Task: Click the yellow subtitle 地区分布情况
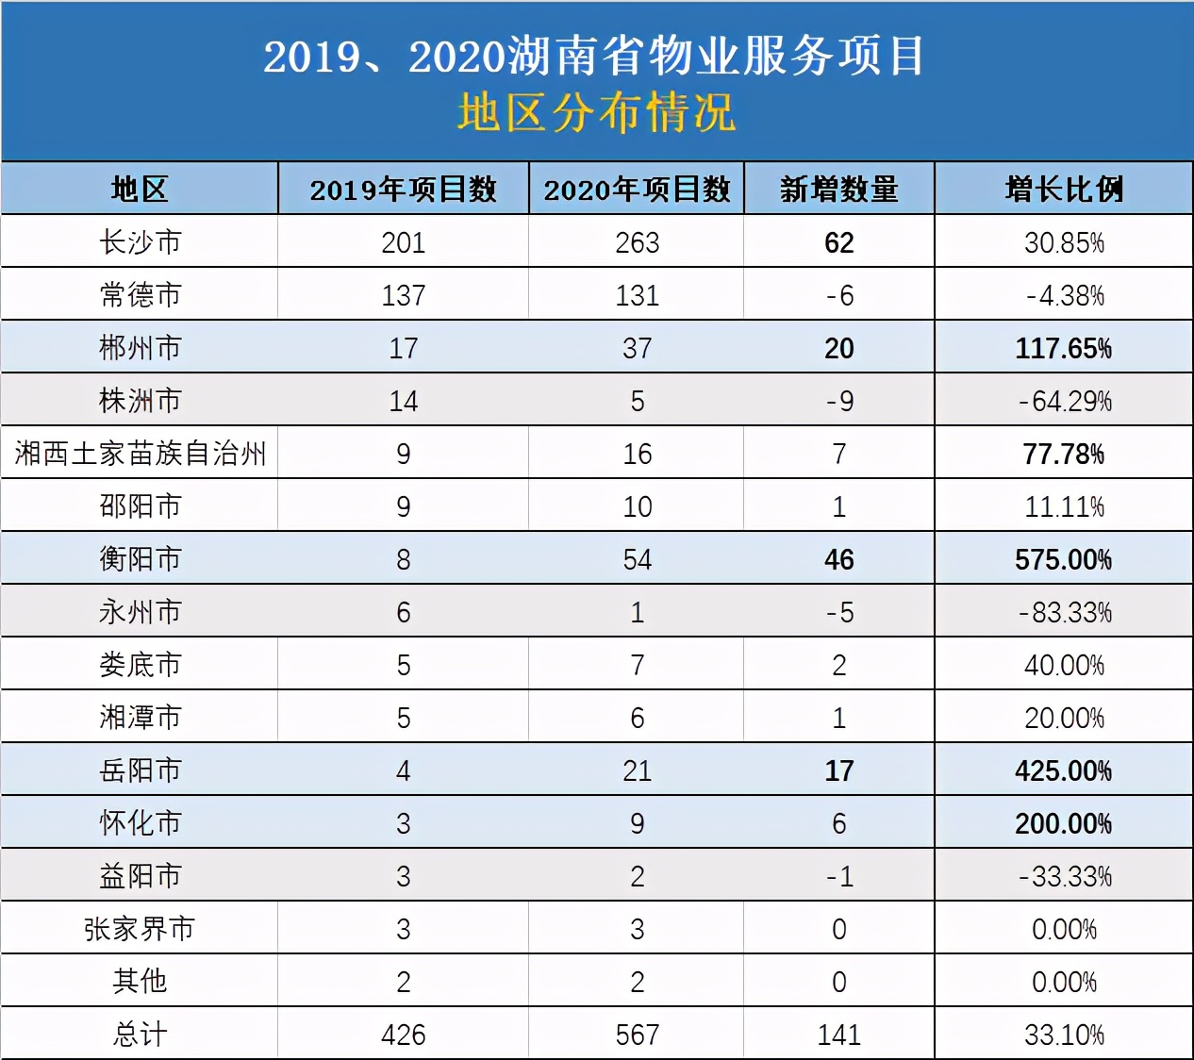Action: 596,113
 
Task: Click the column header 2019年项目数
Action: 403,190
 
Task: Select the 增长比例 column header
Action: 1064,190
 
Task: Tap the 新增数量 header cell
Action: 838,190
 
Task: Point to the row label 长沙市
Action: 140,242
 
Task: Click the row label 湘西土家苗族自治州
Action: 140,454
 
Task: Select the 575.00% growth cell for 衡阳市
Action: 1063,559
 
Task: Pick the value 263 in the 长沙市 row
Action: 637,242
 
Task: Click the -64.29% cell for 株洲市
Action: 1065,401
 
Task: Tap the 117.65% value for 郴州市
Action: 1063,348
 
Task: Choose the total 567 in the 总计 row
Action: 637,1035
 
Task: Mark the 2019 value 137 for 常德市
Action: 403,295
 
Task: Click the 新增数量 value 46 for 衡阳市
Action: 838,559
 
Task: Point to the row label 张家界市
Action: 140,929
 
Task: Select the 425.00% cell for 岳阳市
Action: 1063,770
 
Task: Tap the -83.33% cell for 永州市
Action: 1065,612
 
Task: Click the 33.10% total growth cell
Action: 1064,1035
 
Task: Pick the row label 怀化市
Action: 140,823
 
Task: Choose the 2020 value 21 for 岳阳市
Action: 637,770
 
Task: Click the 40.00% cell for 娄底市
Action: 1064,665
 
